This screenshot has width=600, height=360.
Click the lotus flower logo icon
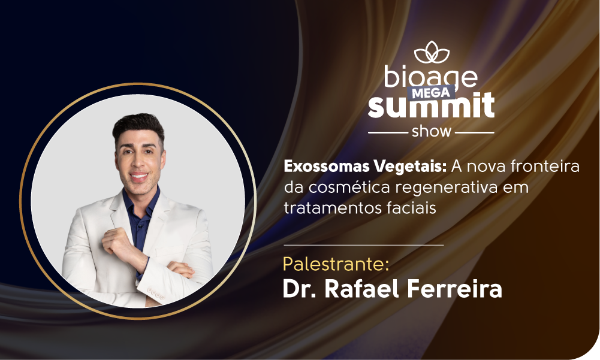[432, 52]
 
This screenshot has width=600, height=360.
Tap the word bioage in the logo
[431, 77]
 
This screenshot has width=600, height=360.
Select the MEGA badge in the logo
[431, 93]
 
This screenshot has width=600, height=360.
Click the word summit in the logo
[431, 105]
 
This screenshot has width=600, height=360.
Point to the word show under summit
[431, 131]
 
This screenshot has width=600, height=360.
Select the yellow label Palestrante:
[336, 264]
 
